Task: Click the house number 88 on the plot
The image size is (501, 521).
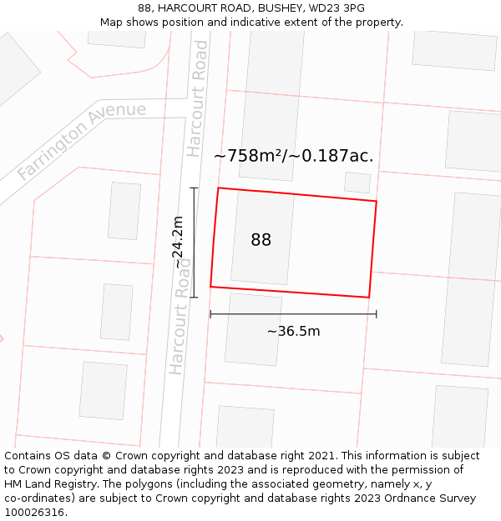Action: (x=261, y=240)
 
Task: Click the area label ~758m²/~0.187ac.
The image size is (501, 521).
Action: (x=293, y=156)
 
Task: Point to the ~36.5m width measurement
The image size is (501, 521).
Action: (x=293, y=331)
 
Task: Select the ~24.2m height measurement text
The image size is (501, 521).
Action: (x=178, y=242)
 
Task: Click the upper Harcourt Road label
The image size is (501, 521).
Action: (x=197, y=98)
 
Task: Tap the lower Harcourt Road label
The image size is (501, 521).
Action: (x=180, y=316)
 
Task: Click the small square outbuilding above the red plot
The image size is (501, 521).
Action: (x=357, y=183)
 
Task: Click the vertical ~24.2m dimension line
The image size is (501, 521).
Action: (x=195, y=267)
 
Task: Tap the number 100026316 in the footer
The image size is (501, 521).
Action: (x=33, y=513)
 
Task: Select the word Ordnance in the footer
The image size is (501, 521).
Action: (x=406, y=498)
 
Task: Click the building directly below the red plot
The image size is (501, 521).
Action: (x=253, y=329)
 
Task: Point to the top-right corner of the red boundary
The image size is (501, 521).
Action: (x=377, y=201)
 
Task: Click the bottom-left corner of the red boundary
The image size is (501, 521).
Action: (x=210, y=287)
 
